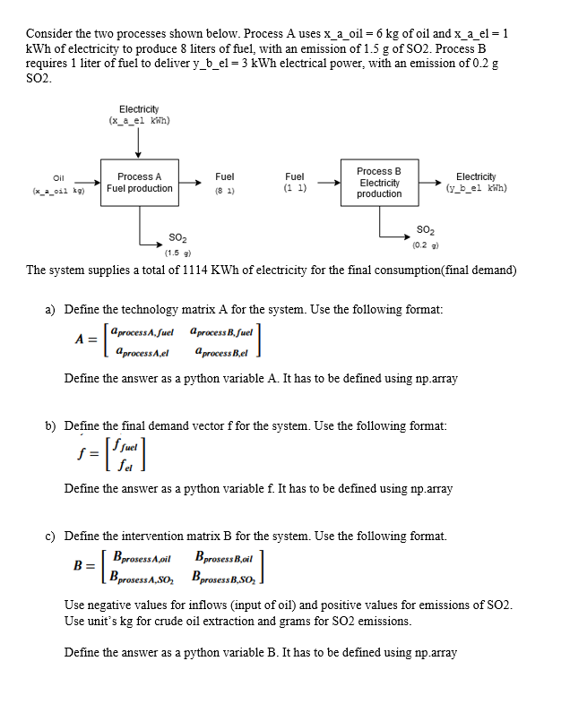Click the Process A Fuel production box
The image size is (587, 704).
click(x=140, y=183)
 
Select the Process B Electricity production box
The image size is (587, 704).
click(x=378, y=182)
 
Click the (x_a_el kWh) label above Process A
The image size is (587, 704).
click(x=139, y=121)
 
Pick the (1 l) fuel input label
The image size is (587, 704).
click(x=295, y=189)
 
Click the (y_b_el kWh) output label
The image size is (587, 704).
click(x=476, y=188)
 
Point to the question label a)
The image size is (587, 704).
click(x=51, y=309)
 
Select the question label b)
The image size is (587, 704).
click(x=51, y=425)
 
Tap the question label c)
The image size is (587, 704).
click(x=51, y=537)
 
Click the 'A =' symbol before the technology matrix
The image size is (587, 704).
click(x=86, y=339)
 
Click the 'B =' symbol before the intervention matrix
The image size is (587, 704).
click(x=86, y=565)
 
